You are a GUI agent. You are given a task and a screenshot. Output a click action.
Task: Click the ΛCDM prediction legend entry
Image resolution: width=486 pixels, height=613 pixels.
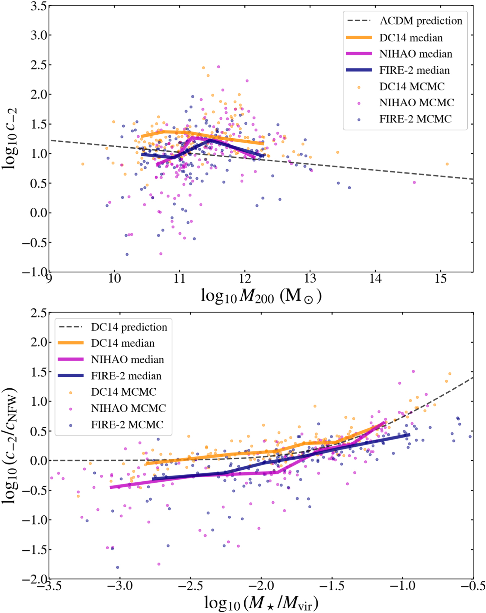[x=420, y=21]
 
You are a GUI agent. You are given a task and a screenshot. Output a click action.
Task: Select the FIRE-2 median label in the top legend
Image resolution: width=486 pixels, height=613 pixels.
[x=414, y=70]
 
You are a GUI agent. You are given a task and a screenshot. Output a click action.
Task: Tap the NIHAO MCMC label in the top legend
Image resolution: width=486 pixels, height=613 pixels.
[x=417, y=103]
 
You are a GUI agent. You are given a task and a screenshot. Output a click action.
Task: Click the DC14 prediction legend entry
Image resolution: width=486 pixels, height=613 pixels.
[x=129, y=327]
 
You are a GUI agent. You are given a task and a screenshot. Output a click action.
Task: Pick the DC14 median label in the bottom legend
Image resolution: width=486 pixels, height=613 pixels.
[x=122, y=343]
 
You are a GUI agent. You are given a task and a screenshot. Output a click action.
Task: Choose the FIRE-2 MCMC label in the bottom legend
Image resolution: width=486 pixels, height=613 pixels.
[x=127, y=425]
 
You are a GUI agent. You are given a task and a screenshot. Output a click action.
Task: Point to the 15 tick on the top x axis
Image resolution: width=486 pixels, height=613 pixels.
[x=441, y=279]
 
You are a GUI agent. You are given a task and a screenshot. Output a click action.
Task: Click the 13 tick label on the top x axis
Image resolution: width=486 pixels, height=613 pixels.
[x=310, y=279]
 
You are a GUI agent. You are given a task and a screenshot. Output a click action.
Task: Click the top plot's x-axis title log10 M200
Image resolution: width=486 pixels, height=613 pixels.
[x=261, y=297]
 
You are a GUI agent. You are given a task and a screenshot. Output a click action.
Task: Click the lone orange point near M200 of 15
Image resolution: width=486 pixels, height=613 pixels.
[x=447, y=164]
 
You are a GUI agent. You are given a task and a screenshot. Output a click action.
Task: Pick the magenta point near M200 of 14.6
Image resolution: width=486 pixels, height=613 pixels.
[x=414, y=182]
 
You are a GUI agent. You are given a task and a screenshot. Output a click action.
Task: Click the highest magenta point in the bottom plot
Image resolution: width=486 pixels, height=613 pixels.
[x=413, y=371]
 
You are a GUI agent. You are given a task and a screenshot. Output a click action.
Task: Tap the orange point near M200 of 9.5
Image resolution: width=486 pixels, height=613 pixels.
[x=83, y=164]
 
